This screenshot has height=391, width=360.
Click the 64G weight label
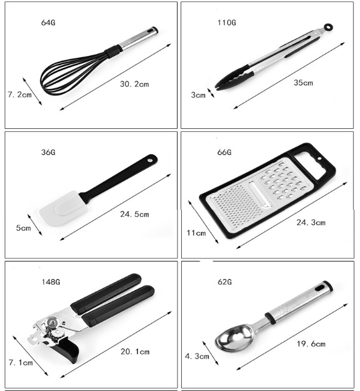(48, 22)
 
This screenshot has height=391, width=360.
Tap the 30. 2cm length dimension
(134, 84)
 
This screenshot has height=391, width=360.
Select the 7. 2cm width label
(19, 94)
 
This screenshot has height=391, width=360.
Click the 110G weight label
(227, 22)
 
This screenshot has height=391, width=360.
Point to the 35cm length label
(303, 83)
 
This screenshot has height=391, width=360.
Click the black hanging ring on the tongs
(328, 26)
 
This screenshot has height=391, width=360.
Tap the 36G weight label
(48, 152)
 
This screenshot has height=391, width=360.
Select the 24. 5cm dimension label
(134, 214)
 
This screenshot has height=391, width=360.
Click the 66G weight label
(224, 152)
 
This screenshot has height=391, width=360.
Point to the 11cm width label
(196, 233)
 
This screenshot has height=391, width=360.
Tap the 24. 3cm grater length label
(311, 222)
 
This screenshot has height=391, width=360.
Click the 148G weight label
(51, 282)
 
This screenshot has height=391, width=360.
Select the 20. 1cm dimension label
(135, 351)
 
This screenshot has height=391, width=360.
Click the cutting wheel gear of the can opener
(53, 323)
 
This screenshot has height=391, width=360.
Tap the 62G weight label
(224, 282)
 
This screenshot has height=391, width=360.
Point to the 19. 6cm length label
(311, 344)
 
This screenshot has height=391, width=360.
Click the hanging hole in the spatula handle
(150, 159)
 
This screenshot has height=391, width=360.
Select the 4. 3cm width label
(197, 356)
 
